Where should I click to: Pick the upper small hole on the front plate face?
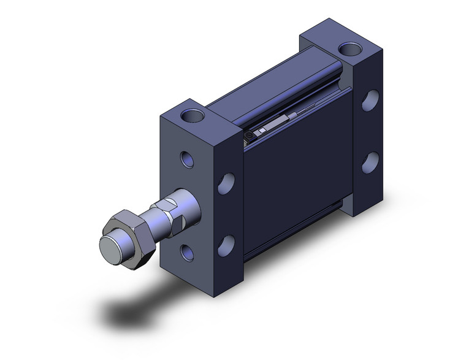click(188, 159)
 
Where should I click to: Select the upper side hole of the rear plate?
click(369, 101)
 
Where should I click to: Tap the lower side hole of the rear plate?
click(369, 162)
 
